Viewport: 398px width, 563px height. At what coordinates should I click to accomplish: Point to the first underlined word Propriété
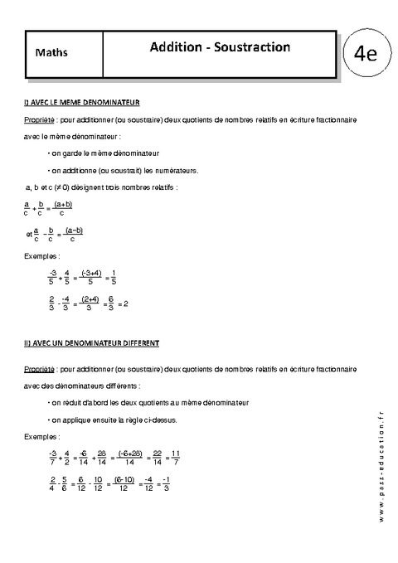(x=41, y=120)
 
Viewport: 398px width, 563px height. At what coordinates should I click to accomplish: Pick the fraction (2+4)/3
(x=90, y=303)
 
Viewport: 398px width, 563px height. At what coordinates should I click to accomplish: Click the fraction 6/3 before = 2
(x=111, y=303)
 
